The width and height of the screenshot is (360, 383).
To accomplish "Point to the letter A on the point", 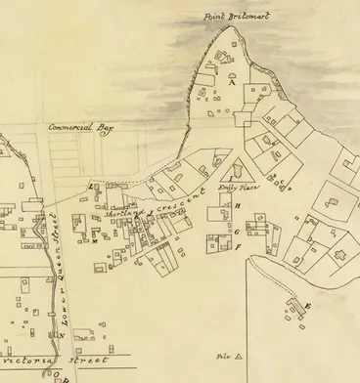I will click(232, 85).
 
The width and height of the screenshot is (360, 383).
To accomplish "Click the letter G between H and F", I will click(238, 232).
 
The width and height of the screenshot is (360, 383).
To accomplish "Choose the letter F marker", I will click(238, 246).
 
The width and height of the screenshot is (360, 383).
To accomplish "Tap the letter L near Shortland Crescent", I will click(91, 187).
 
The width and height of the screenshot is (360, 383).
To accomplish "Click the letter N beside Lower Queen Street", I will click(63, 335).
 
